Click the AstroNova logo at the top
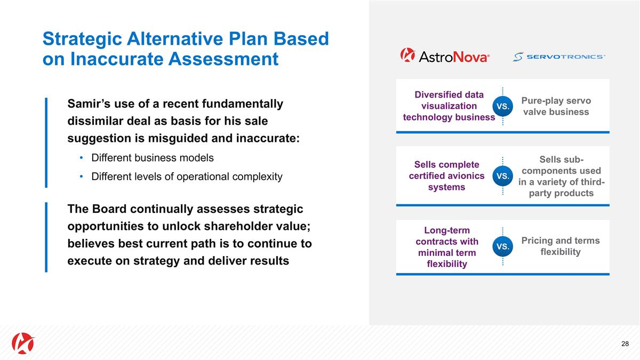click(x=445, y=55)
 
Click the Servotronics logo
click(x=559, y=57)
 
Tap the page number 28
click(x=625, y=343)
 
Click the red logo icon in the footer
click(x=23, y=343)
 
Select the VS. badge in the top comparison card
click(x=502, y=106)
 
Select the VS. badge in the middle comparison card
click(x=502, y=175)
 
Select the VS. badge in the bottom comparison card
click(x=502, y=246)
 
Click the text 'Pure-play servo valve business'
click(x=556, y=106)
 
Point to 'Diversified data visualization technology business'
click(x=449, y=106)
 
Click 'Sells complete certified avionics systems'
click(x=447, y=175)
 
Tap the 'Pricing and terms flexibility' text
click(x=560, y=246)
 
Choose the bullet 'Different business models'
click(x=153, y=158)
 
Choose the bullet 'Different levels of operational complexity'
click(x=187, y=177)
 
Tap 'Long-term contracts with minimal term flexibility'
click(x=447, y=247)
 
